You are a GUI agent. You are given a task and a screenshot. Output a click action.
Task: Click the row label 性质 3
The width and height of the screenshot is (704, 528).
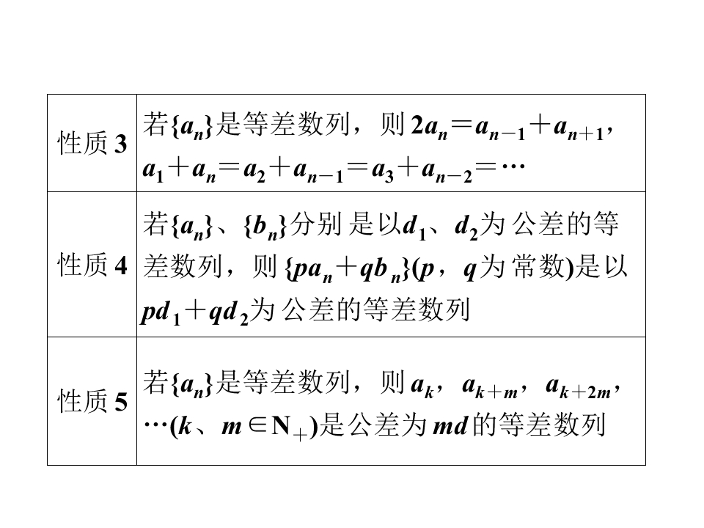(92, 144)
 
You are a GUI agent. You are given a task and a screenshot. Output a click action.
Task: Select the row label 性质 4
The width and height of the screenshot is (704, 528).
(92, 265)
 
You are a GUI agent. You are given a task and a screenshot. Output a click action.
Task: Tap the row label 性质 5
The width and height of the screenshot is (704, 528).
(92, 401)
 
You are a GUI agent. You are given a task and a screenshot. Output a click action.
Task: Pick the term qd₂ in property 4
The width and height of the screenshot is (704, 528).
(229, 312)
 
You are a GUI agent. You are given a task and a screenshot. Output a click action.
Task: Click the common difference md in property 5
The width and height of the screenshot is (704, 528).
(450, 425)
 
